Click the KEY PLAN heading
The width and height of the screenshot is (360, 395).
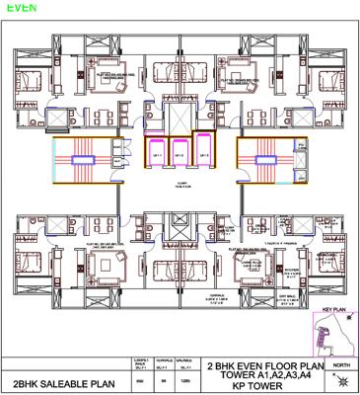click(x=335, y=311)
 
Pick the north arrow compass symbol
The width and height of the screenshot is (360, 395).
click(x=340, y=380)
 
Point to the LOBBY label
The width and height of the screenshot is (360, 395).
click(x=180, y=184)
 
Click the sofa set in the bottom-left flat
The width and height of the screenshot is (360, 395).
click(x=102, y=265)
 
